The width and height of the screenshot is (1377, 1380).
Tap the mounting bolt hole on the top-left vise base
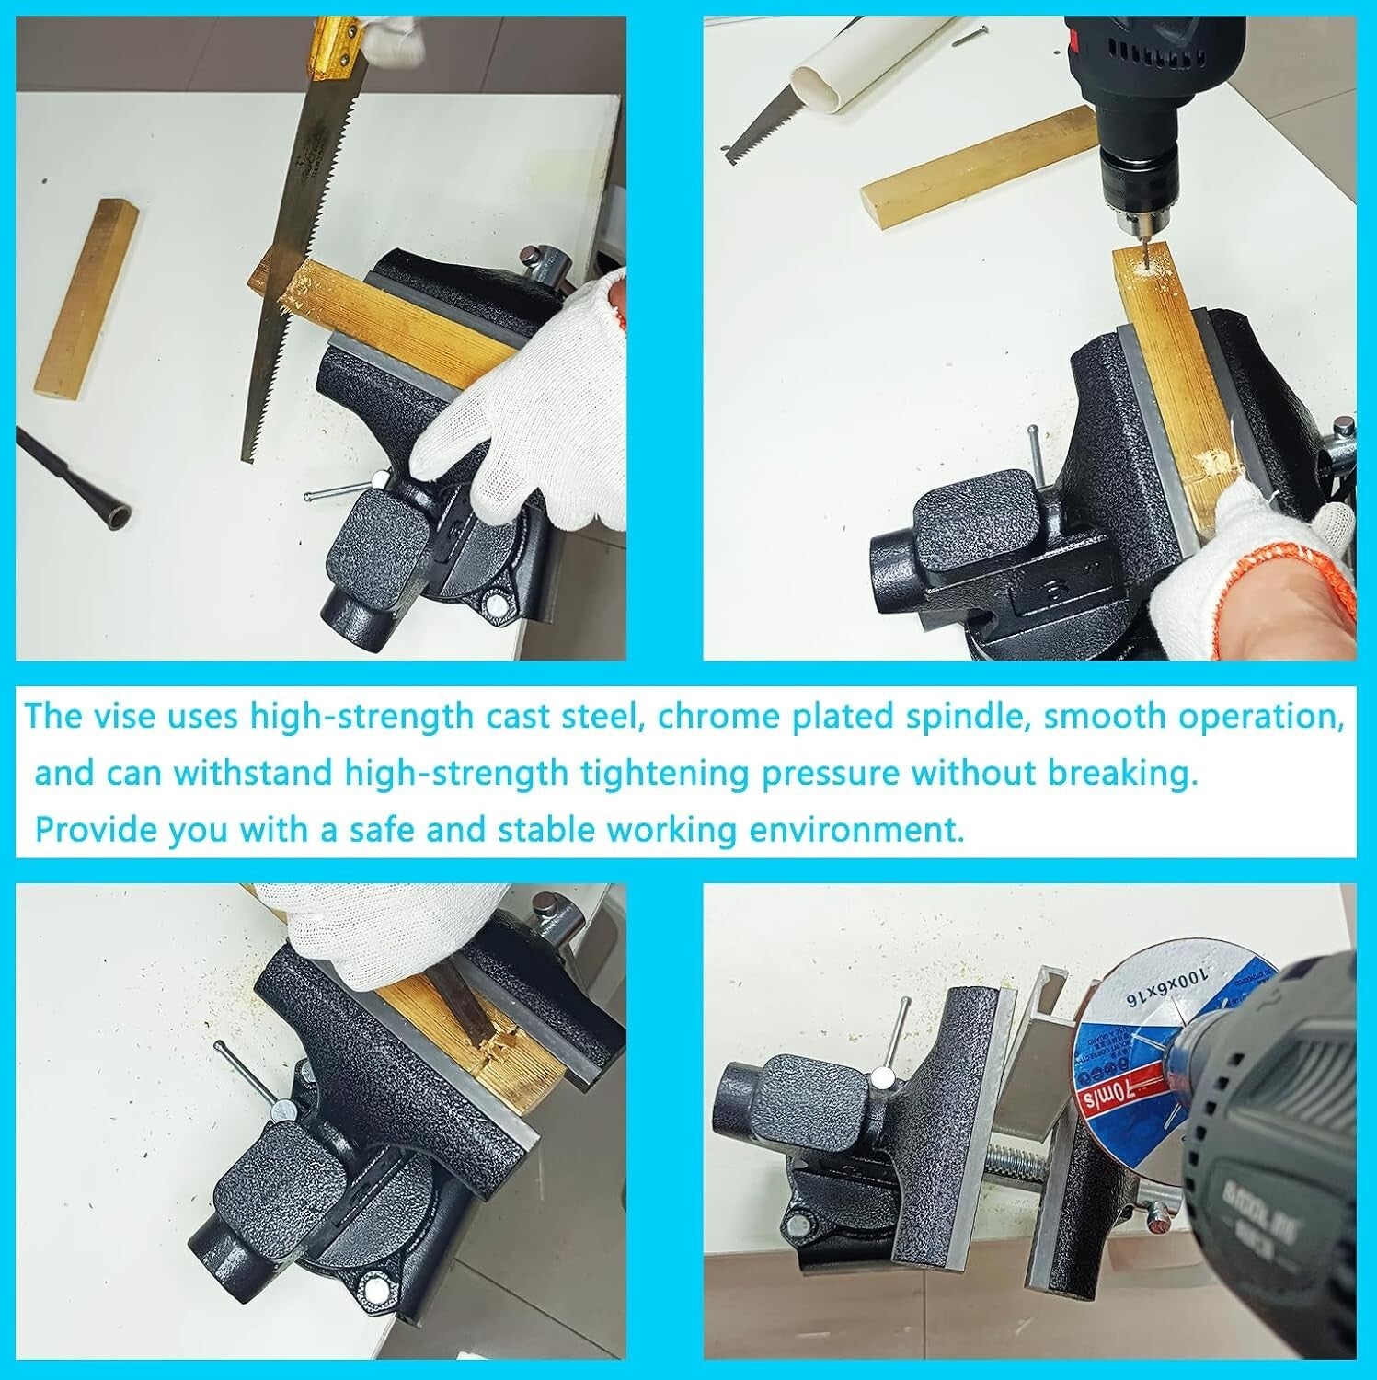point(498,605)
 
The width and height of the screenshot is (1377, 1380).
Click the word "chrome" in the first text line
point(708,717)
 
